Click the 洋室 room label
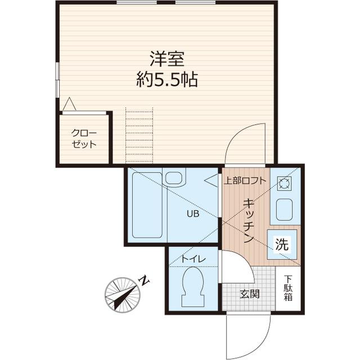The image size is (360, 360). tap(167, 58)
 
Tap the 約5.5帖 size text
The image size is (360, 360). tap(167, 79)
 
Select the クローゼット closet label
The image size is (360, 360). tap(84, 138)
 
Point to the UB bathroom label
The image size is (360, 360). tap(192, 213)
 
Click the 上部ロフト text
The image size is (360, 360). tap(245, 181)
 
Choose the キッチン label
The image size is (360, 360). tap(247, 221)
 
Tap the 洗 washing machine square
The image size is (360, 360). tap(282, 245)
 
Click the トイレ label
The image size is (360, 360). tap(193, 259)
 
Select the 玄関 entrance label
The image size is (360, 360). tap(249, 294)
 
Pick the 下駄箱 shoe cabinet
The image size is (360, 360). tap(288, 288)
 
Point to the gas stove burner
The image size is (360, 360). tap(283, 183)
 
